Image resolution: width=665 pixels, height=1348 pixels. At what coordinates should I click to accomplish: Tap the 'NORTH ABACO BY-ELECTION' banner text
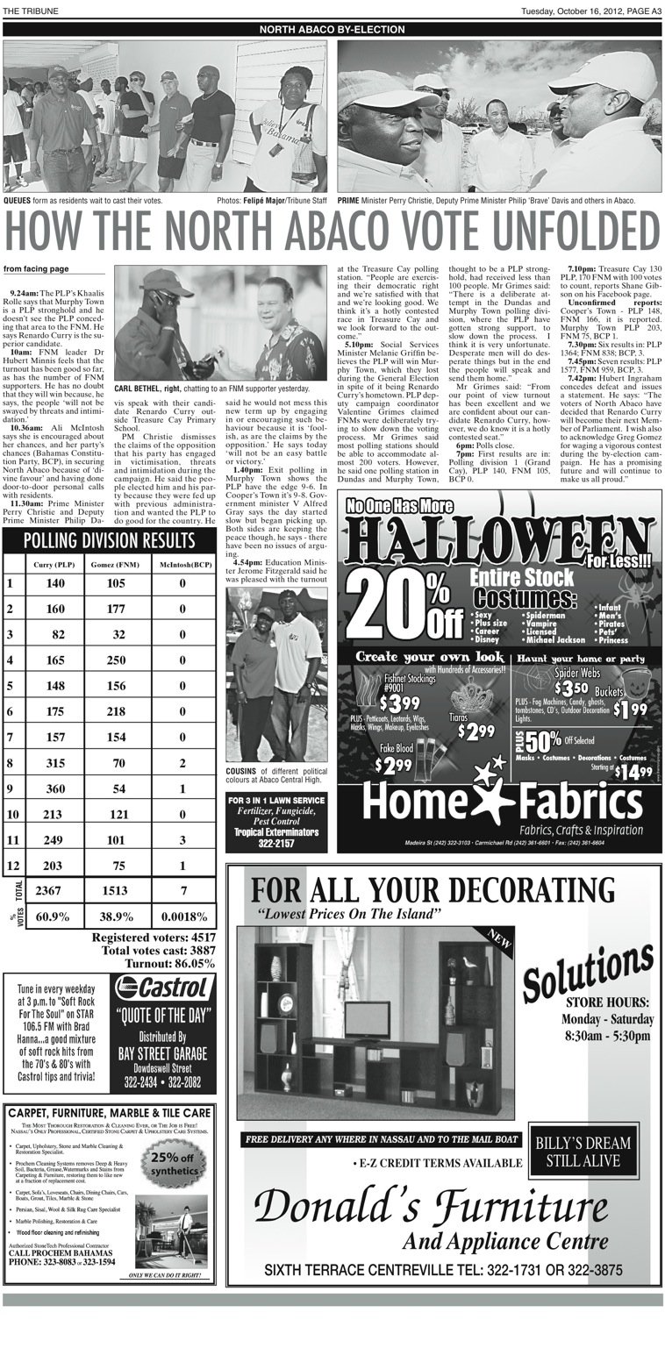[x=332, y=30]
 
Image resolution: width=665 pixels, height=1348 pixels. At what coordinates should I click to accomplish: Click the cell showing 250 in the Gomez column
[x=115, y=659]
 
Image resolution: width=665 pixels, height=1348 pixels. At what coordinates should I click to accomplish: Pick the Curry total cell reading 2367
[x=56, y=891]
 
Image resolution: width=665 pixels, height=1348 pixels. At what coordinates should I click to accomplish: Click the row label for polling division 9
[x=11, y=789]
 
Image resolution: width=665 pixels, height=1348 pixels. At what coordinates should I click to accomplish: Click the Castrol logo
[x=164, y=988]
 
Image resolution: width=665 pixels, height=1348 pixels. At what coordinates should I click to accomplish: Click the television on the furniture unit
[x=367, y=1018]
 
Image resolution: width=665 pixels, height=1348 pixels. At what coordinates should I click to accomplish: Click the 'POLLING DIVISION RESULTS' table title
[x=109, y=539]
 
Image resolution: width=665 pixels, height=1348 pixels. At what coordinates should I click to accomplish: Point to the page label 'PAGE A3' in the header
[x=642, y=11]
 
